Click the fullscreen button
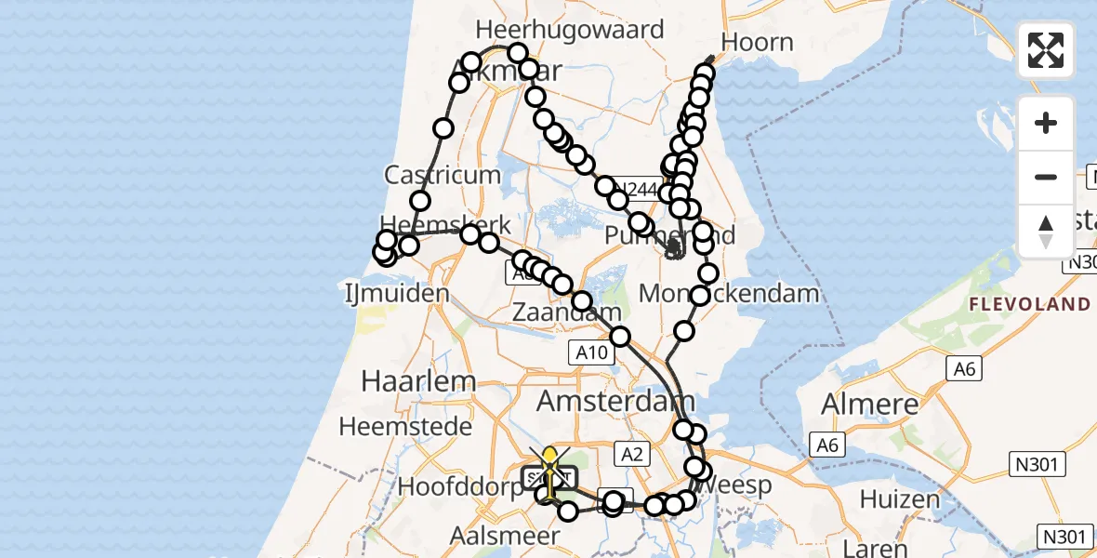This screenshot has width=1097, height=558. point(1046,50)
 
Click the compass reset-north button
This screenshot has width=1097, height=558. point(1046,232)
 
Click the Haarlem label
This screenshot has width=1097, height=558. point(418,381)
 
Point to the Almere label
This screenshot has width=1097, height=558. point(869,405)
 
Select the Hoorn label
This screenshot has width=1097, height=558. point(758,43)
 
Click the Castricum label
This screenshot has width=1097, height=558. point(430,174)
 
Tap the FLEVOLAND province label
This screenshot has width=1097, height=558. point(1029,304)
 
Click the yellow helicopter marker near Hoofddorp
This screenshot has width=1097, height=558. point(551,458)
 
